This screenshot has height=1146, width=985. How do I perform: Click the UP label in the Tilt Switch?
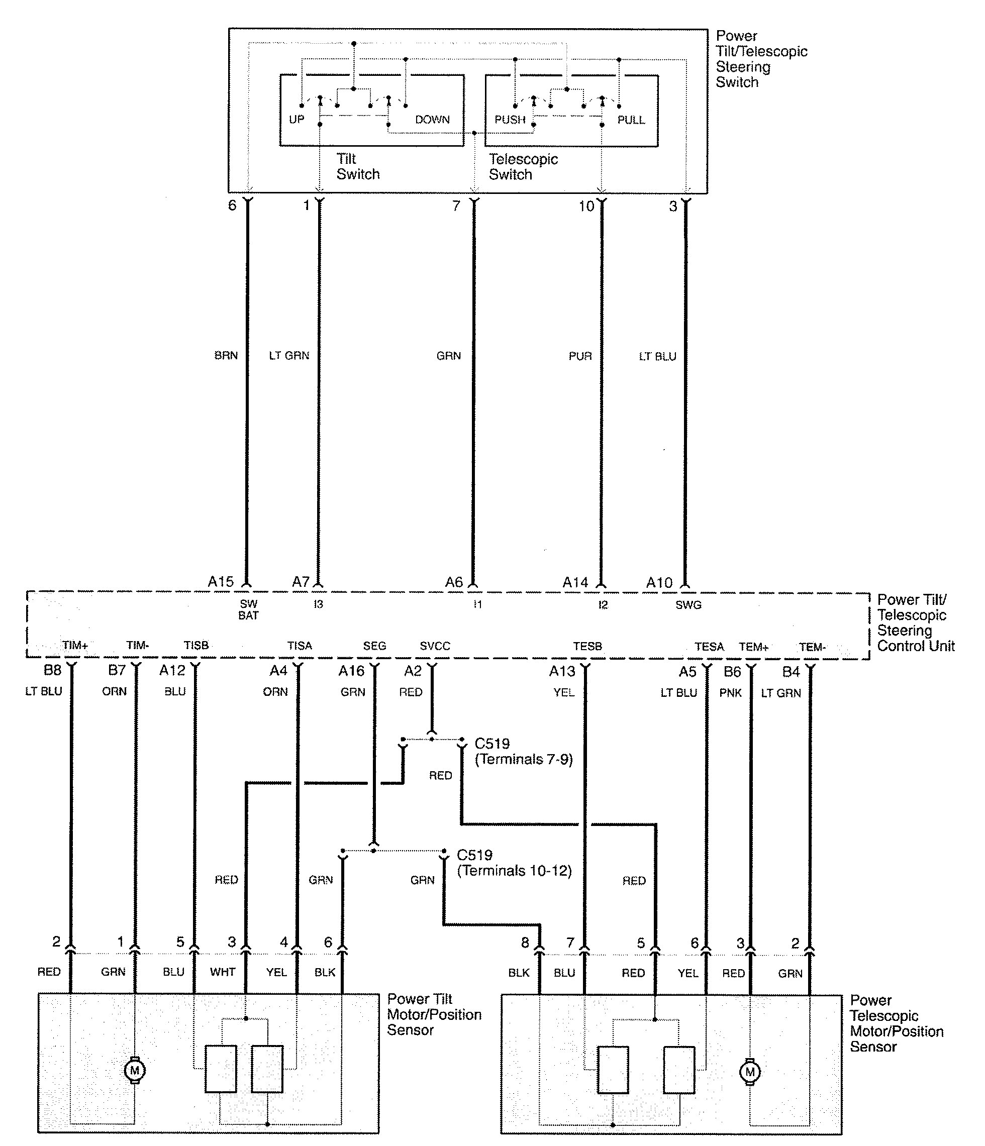[297, 120]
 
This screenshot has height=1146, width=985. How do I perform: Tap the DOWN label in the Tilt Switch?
[432, 120]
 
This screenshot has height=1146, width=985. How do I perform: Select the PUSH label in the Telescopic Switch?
[510, 120]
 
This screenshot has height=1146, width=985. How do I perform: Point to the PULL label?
[631, 120]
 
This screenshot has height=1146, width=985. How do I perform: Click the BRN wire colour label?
[226, 356]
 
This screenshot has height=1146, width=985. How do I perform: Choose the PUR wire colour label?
[580, 356]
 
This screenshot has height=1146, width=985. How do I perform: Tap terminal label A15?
[221, 582]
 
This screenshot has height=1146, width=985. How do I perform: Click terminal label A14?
[575, 582]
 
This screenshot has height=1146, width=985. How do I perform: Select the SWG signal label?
[688, 605]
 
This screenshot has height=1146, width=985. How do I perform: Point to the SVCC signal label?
[435, 646]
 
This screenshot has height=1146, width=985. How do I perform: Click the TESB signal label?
[587, 646]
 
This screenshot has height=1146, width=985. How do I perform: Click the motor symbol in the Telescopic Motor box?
[750, 1072]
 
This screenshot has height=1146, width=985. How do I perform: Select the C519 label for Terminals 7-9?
[492, 744]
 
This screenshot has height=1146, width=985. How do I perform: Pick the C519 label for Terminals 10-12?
[474, 855]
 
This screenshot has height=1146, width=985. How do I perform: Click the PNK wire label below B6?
[730, 692]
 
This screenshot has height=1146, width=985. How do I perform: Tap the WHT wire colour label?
[223, 972]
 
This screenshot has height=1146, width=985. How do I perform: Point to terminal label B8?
[53, 670]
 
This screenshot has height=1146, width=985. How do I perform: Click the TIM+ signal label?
[75, 646]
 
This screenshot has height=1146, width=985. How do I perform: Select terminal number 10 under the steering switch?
[586, 206]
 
